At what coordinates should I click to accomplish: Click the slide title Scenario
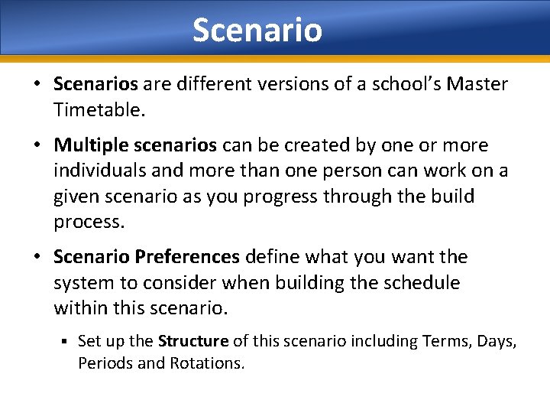257,31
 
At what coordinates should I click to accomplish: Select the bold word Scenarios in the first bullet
95,84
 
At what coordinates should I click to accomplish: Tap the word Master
477,84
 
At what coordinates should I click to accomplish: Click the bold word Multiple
90,145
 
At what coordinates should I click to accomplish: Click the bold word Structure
193,341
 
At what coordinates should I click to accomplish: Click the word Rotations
204,363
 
